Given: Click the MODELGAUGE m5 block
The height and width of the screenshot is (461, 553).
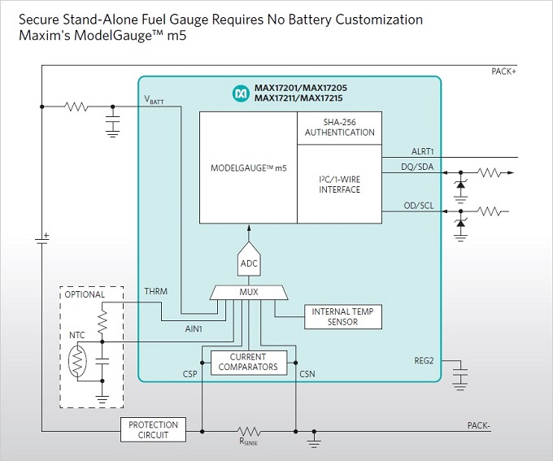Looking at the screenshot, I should [249, 167].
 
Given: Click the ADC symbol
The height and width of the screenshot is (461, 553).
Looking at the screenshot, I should [249, 262].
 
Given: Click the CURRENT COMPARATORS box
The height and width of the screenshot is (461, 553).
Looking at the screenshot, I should [249, 362].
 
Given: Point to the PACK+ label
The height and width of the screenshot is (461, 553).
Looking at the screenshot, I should [504, 72].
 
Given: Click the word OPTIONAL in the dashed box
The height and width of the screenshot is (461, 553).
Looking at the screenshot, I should [85, 294].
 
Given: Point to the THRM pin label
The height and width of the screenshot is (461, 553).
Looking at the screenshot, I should [156, 291].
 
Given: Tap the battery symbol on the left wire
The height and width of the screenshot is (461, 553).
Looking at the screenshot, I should [41, 241].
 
